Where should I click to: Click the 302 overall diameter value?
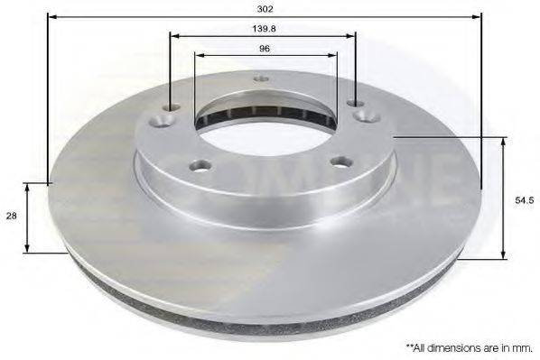coord(265,7)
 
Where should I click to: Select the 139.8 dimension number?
coord(264,29)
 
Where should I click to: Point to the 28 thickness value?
coord(10,217)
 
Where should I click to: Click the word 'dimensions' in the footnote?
coord(452,346)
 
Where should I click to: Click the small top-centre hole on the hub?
coord(262,78)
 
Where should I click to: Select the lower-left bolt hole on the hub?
coord(201,165)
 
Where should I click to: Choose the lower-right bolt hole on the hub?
coord(340,162)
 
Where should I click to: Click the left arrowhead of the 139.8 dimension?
coord(173,37)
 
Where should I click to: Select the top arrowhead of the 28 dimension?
coord(28,187)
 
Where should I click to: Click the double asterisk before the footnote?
coord(409,346)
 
